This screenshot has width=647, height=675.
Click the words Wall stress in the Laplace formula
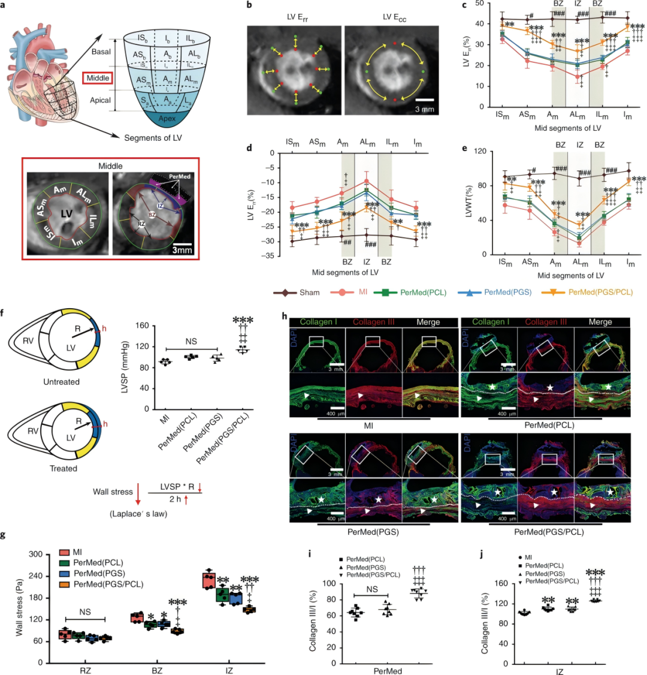112,492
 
